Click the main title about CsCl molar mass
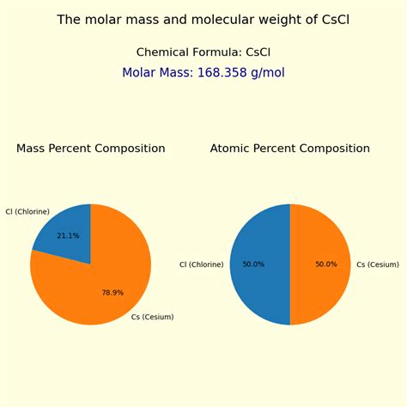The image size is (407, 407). [x=203, y=20]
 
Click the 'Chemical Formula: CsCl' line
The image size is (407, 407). [x=203, y=52]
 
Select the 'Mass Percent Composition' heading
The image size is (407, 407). [x=90, y=149]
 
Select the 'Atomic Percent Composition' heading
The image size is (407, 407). [x=289, y=149]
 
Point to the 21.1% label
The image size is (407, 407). [x=68, y=235]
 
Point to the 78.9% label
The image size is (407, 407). [x=112, y=293]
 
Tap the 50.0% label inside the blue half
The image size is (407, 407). [x=253, y=264]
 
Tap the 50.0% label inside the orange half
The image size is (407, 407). [x=326, y=264]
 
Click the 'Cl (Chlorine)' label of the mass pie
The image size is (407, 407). [x=27, y=211]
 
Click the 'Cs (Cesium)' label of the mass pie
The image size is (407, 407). [x=152, y=317]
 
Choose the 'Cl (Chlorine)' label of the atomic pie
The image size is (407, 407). [x=201, y=264]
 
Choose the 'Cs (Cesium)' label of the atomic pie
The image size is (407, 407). [x=378, y=264]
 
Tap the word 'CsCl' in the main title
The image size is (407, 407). [x=332, y=20]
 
